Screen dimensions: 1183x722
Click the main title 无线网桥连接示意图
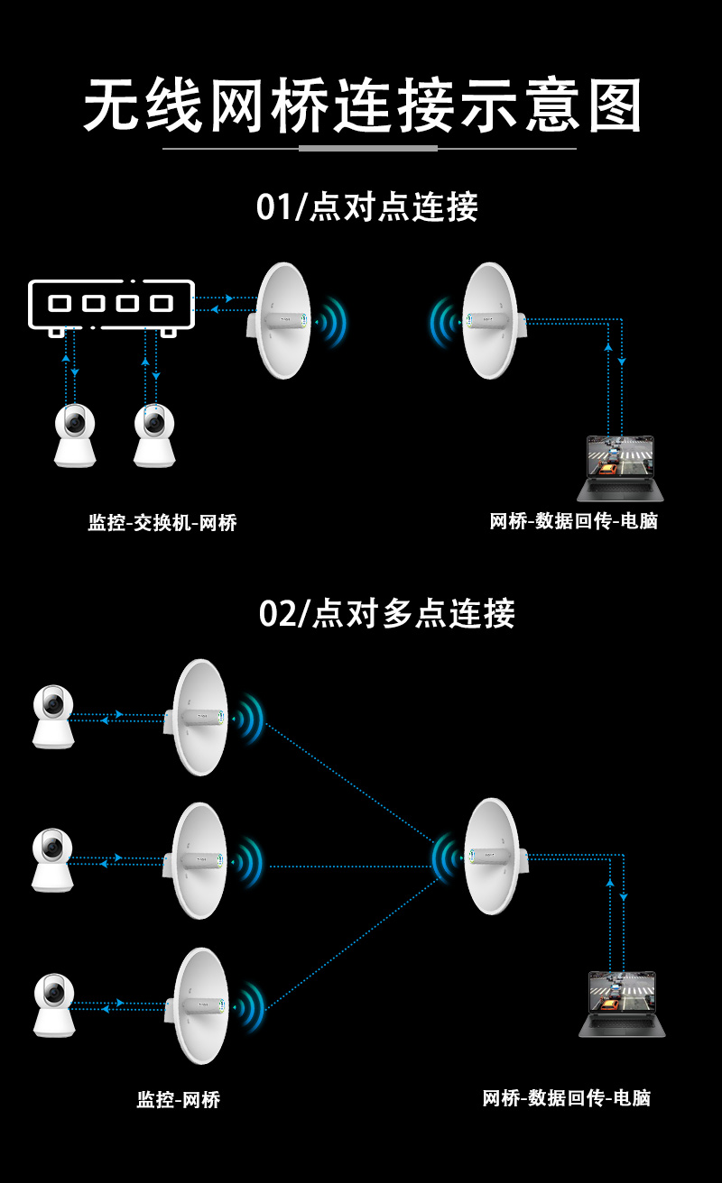click(x=361, y=106)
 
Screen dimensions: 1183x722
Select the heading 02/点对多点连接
click(x=386, y=613)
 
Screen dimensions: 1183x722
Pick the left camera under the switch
click(x=75, y=436)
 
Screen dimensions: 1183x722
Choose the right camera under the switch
click(x=154, y=436)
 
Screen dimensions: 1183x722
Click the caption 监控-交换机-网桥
click(x=162, y=522)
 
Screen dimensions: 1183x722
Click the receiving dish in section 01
click(x=490, y=320)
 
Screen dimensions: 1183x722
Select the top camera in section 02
click(x=53, y=717)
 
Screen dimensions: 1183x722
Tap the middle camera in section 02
click(x=53, y=860)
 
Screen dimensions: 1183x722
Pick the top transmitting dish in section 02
click(x=200, y=718)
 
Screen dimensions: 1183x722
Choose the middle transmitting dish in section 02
click(x=199, y=861)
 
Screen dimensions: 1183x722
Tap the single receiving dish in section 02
click(x=492, y=856)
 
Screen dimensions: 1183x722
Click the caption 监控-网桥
click(x=179, y=1099)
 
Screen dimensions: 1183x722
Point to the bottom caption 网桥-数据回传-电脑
click(x=567, y=1097)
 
